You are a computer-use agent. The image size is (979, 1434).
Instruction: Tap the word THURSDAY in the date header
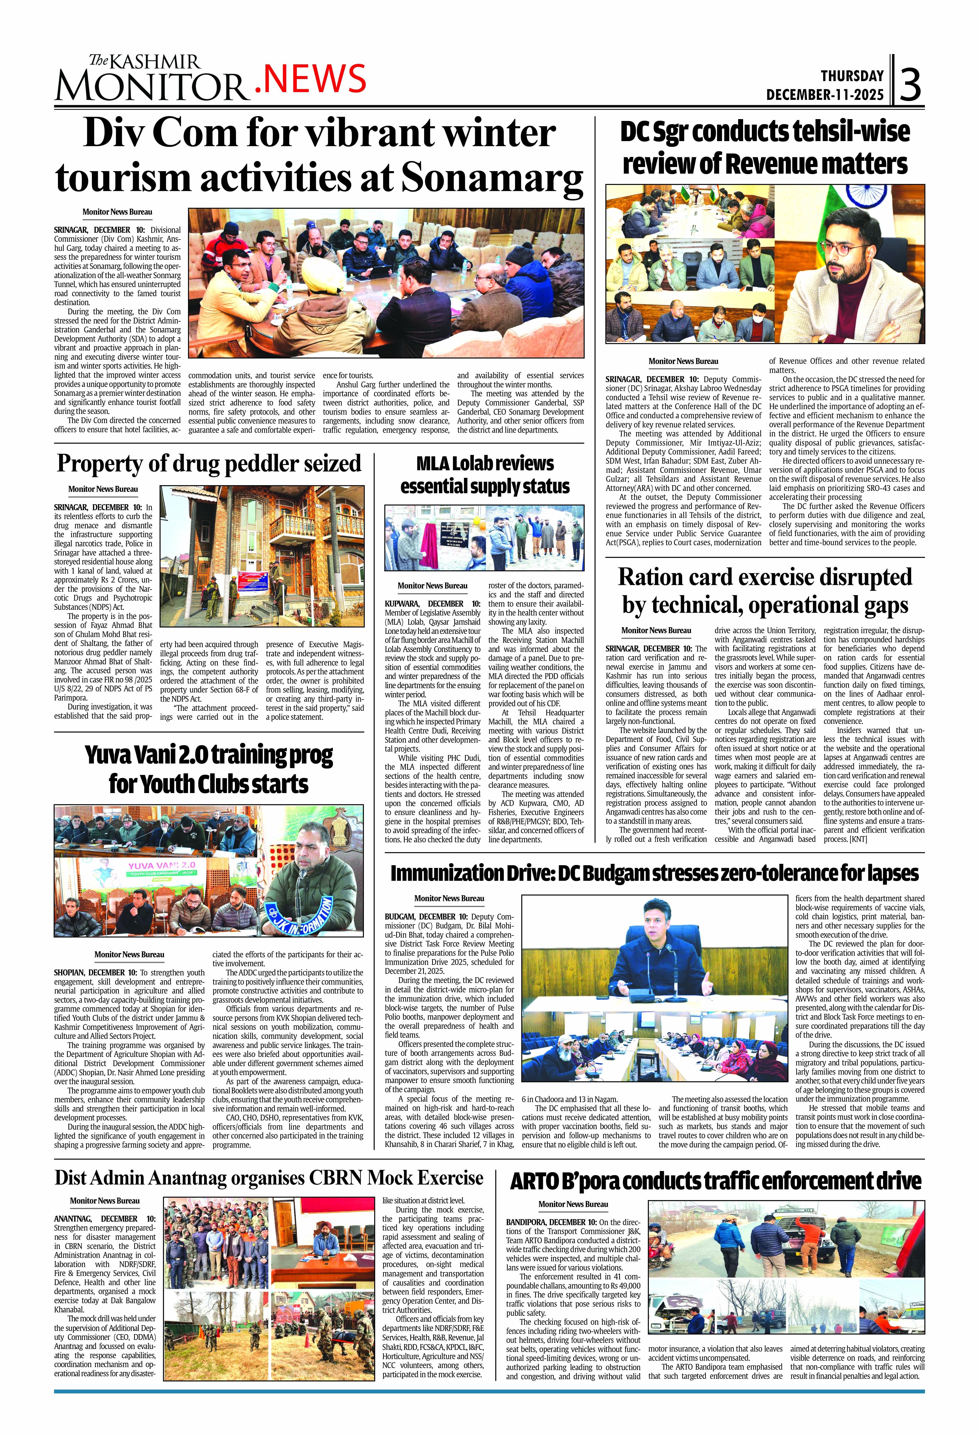coord(852,76)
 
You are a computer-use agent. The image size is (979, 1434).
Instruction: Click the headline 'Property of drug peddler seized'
coord(208,463)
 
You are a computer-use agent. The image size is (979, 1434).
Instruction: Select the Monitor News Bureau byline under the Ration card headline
coord(656,630)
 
